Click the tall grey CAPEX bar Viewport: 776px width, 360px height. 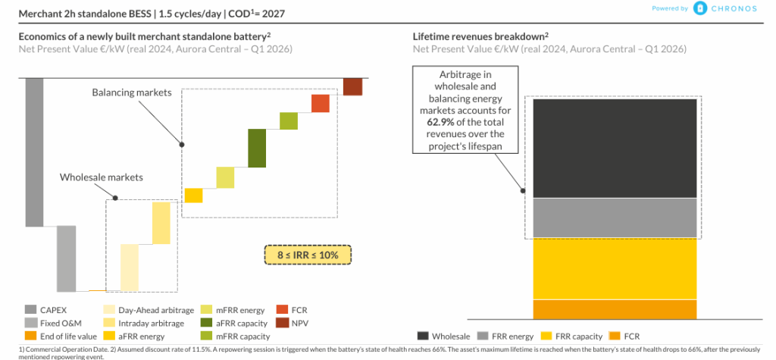pos(34,152)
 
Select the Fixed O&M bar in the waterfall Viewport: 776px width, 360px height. pos(67,258)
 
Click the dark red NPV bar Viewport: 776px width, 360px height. pos(352,86)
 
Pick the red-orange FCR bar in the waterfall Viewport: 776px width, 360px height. pos(320,104)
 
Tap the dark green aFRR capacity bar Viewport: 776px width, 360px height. pos(257,149)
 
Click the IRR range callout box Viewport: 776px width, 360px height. pos(308,255)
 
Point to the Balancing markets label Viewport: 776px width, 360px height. pos(132,92)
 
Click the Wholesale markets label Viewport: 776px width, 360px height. pos(102,177)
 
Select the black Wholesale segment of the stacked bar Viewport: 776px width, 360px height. pos(615,149)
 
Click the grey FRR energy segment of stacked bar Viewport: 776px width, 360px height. pos(615,218)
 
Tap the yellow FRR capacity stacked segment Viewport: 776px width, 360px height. pos(615,268)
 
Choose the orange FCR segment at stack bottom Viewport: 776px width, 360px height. pos(615,310)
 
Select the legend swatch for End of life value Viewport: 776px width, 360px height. pos(31,336)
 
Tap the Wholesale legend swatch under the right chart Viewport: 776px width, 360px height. pos(423,336)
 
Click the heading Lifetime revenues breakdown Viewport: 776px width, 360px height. pos(478,36)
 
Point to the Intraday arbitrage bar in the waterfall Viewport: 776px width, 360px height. pos(161,222)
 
